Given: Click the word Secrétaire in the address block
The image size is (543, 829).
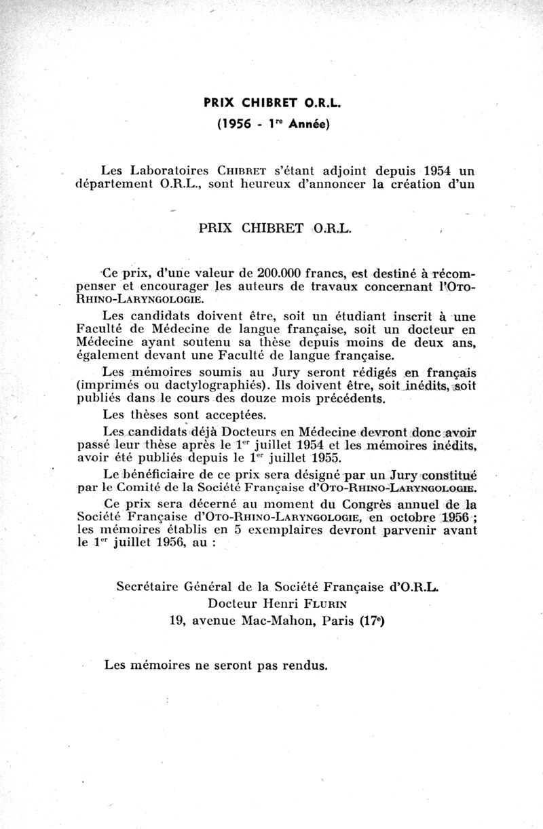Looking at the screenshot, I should [155, 585].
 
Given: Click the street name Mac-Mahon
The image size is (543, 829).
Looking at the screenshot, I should [277, 619].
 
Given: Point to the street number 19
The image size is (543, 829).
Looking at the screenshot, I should [177, 619].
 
